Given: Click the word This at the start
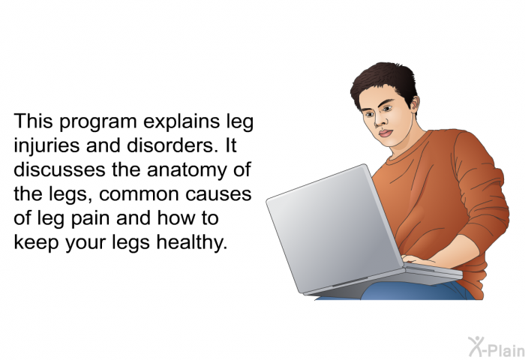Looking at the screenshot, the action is pos(33,121).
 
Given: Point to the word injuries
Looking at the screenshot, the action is pos(46,146).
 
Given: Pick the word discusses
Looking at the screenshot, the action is pos(59,169).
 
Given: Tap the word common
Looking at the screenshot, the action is pos(139,195).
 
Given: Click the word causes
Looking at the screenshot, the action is pos(218,195).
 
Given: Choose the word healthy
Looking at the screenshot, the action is pos(192,242).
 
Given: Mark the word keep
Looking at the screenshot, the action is pos(36,244).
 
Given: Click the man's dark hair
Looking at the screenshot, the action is pos(383,82).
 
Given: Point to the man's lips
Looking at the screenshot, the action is pos(385,133).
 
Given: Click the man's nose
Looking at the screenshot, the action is pos(378,121).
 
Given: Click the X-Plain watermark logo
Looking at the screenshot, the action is pos(496,347).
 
